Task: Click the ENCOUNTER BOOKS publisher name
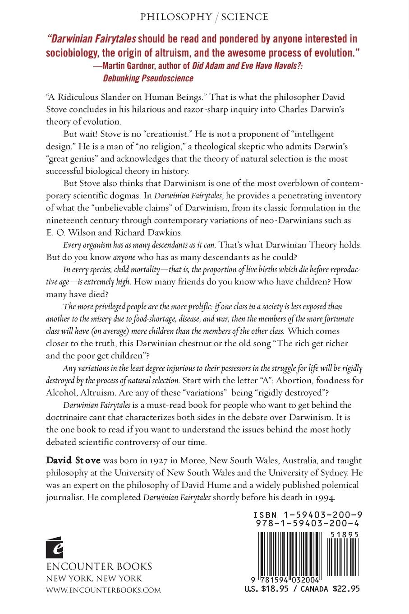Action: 99,566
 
